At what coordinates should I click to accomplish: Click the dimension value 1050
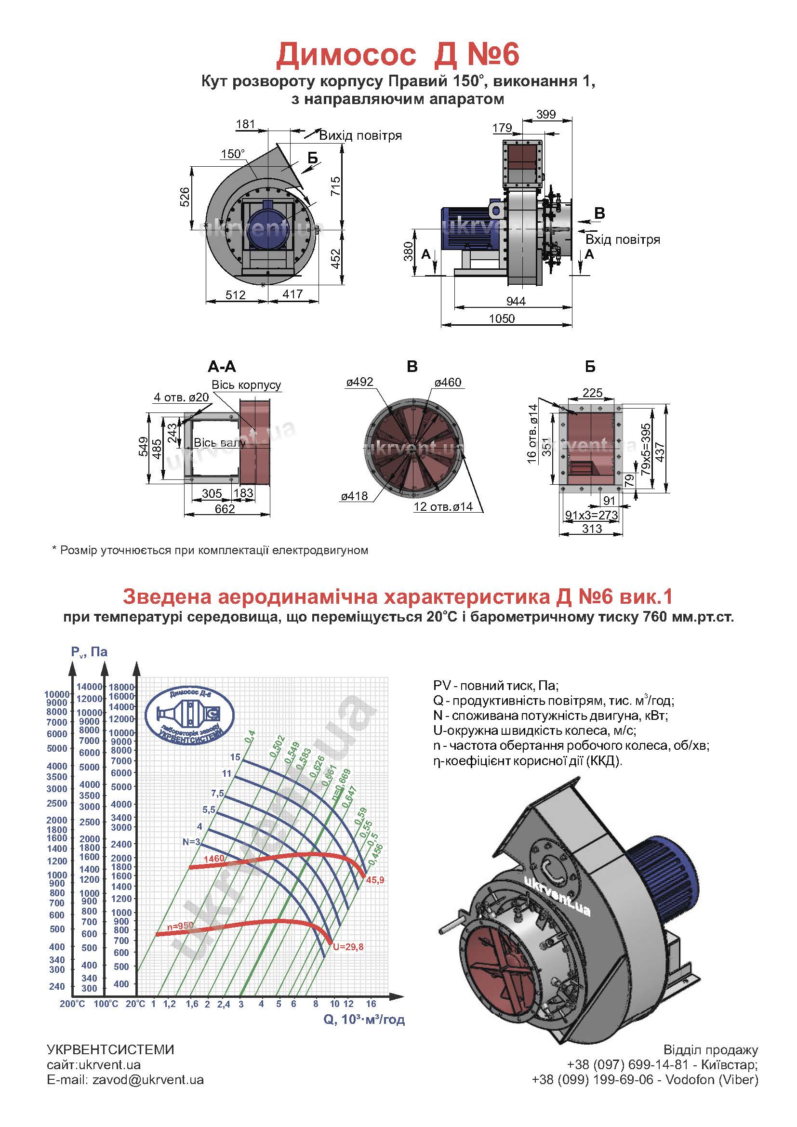point(502,318)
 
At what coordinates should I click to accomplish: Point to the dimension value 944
point(515,301)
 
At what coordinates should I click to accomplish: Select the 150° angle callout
point(233,154)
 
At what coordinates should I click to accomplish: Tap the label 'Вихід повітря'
point(360,135)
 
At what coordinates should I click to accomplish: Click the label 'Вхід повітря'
point(622,239)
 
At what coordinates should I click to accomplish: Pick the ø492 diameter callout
point(359,382)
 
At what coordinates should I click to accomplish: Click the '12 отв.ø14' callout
point(443,506)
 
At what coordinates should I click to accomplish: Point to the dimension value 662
point(225,509)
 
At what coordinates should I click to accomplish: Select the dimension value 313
point(592,529)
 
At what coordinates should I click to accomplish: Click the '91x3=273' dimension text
point(591,515)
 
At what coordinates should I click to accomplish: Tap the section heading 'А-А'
point(222,367)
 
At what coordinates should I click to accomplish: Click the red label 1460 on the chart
point(213,859)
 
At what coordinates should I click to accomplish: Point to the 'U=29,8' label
point(348,947)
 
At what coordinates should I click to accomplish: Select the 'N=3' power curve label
point(191,842)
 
